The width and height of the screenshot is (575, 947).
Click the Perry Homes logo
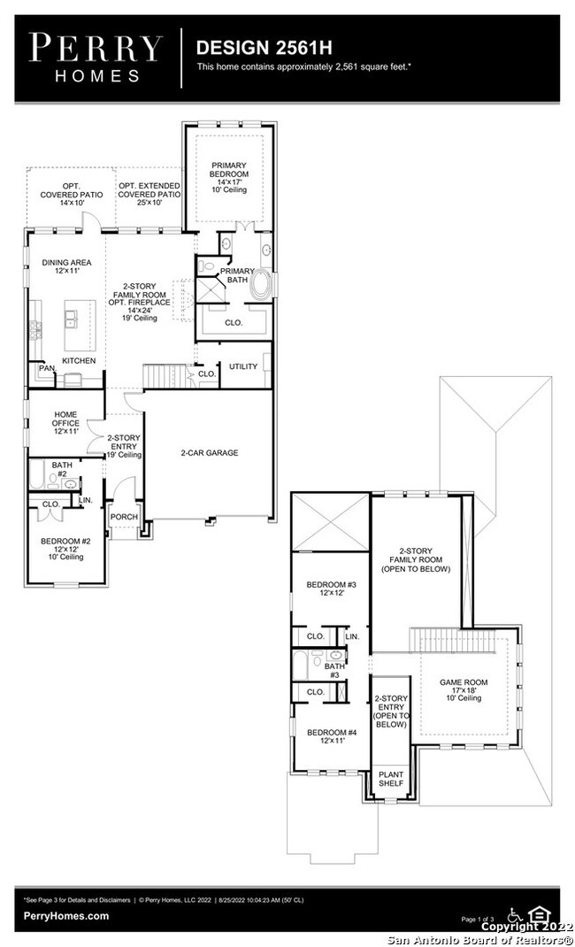[x=96, y=58]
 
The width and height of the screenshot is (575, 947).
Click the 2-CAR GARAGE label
[x=210, y=452]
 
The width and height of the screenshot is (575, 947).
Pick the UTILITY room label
[x=242, y=366]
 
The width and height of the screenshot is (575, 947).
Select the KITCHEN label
[x=79, y=361]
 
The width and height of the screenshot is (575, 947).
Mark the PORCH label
[x=124, y=517]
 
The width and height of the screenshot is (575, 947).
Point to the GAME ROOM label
[x=464, y=688]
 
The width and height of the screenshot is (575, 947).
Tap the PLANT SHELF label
[x=390, y=778]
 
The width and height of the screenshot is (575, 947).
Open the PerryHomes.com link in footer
[x=66, y=916]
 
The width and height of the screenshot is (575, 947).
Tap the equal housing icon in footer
[x=537, y=913]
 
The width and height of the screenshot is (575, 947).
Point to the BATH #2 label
[x=62, y=469]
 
